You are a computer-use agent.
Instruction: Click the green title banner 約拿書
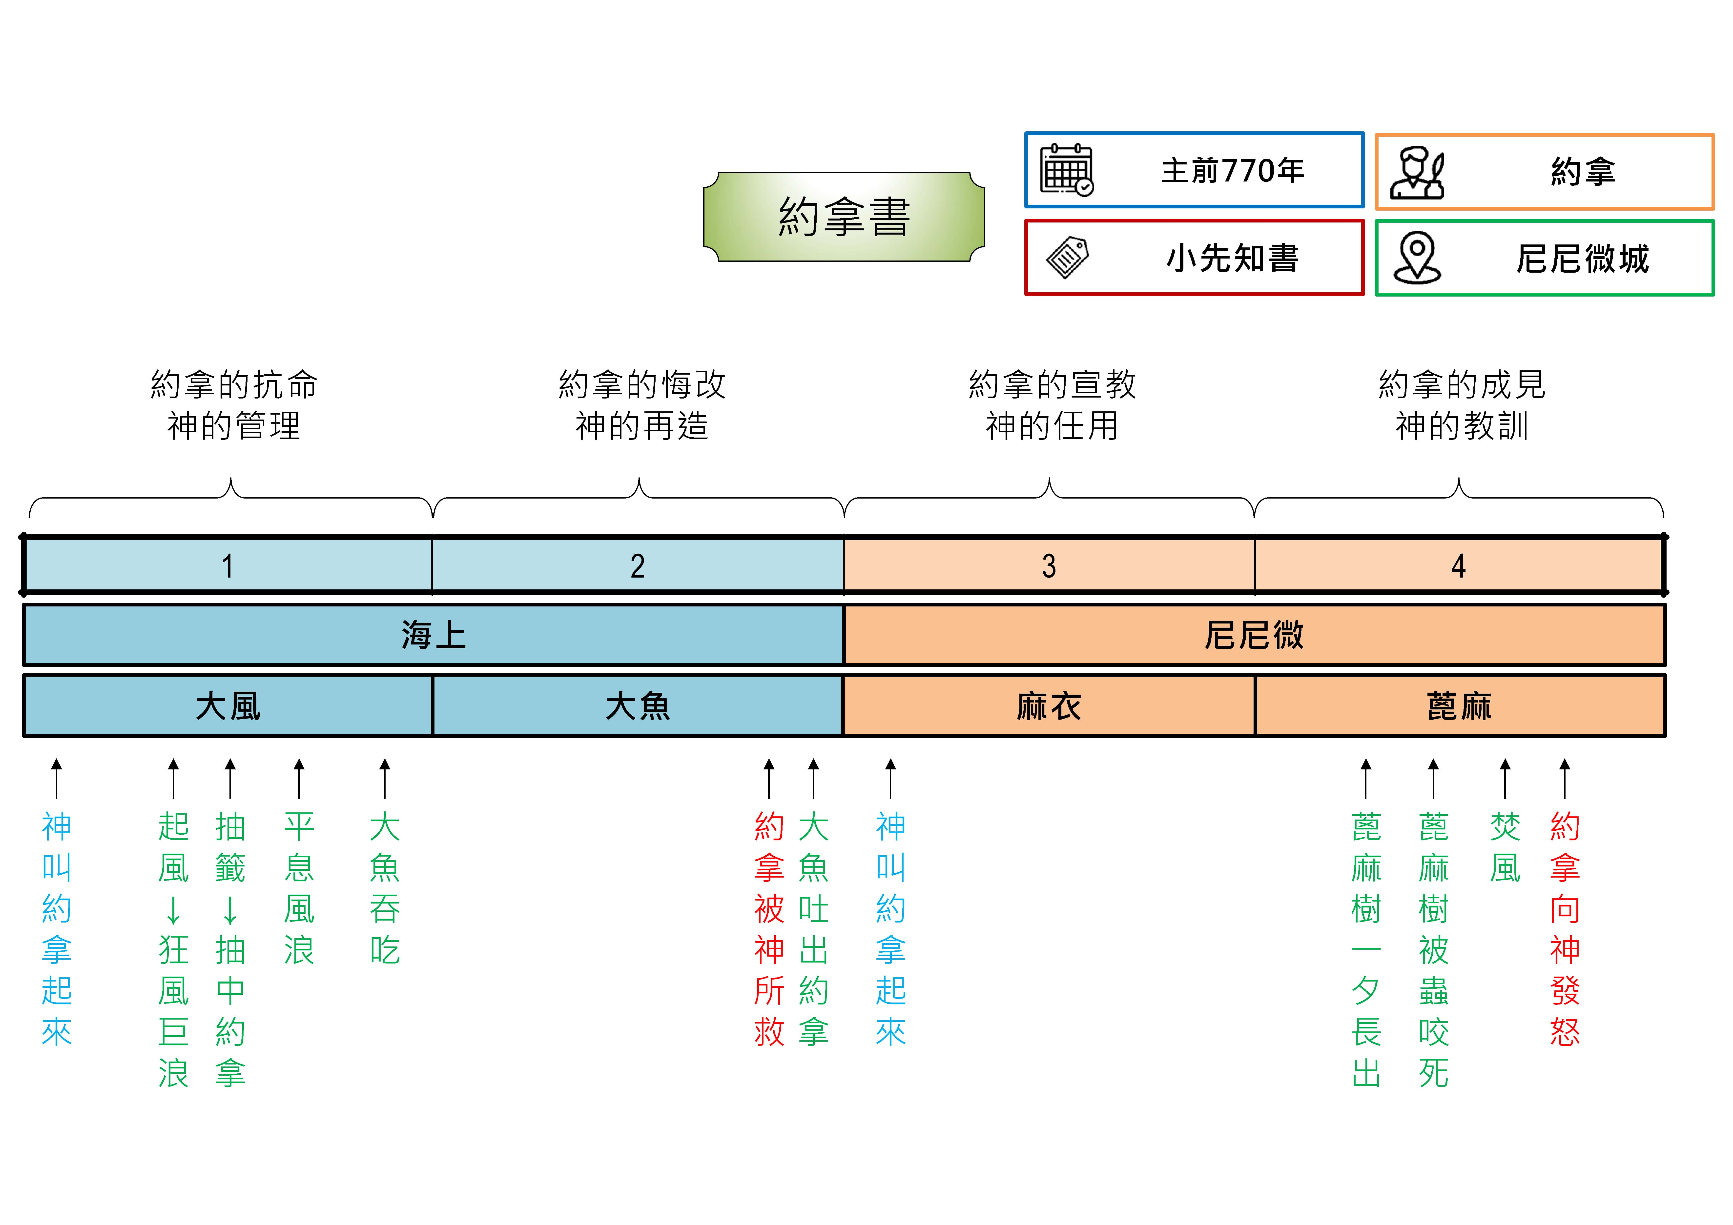coord(844,217)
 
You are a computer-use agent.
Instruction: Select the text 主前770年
coord(1233,171)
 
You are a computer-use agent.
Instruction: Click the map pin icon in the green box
coord(1417,257)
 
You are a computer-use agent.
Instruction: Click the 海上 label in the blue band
coord(433,635)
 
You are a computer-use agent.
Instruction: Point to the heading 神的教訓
coord(1462,426)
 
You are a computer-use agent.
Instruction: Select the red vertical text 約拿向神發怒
coord(1565,928)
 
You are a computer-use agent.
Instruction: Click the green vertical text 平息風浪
coord(299,888)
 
